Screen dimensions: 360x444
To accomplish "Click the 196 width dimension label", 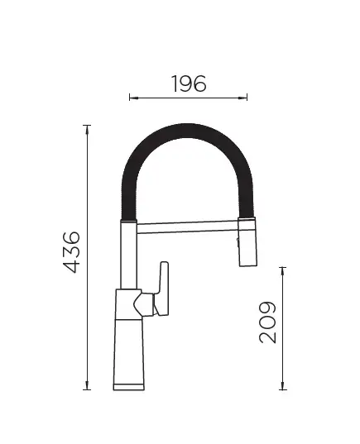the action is tap(189, 84).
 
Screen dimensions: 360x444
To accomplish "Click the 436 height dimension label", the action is tap(71, 252).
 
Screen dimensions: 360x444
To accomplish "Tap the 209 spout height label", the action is tap(267, 322).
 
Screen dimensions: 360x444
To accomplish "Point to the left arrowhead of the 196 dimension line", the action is tap(133, 98).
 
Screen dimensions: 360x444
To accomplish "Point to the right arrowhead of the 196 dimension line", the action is tap(243, 98).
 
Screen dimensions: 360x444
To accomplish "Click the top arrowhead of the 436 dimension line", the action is tap(87, 129).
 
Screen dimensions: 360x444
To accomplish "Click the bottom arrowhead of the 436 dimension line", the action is tap(87, 385).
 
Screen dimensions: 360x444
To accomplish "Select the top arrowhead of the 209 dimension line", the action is tap(282, 271).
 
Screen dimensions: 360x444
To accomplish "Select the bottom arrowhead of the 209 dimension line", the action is tap(282, 385).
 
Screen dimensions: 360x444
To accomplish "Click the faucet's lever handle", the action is tap(162, 289).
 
